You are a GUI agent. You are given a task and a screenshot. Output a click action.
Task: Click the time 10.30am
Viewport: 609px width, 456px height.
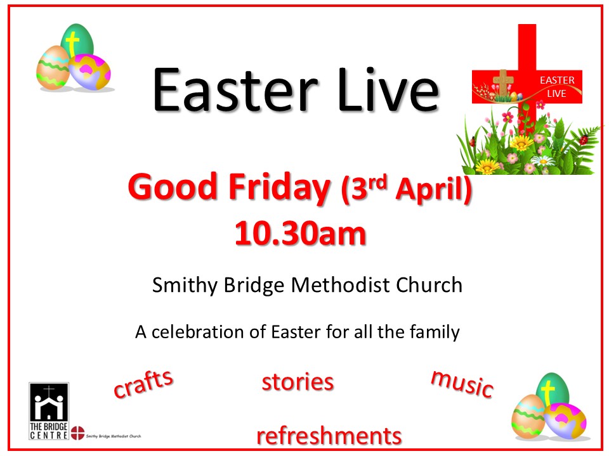point(300,233)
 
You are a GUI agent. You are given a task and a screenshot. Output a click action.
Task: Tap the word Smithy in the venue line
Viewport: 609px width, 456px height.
point(184,286)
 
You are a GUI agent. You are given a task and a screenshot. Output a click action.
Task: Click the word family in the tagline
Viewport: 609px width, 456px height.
point(433,331)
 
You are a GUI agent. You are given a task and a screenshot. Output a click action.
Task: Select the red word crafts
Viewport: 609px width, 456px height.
point(143,383)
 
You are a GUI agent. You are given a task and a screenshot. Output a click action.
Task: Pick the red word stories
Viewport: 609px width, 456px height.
point(298,382)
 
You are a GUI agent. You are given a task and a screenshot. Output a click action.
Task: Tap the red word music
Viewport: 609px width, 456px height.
point(462,383)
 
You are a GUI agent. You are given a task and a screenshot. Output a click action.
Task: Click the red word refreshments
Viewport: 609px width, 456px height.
point(329,436)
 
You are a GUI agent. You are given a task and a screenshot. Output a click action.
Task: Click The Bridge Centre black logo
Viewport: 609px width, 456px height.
point(49,411)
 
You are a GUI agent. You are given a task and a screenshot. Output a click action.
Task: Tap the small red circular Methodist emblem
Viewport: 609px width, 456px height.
point(77,434)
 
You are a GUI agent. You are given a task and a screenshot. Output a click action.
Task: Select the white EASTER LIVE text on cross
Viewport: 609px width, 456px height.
point(556,87)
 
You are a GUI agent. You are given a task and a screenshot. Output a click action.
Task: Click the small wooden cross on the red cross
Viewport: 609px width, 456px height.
point(503,82)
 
